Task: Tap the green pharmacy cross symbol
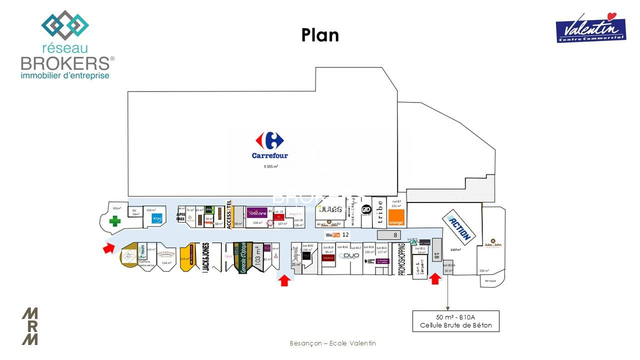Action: point(115,221)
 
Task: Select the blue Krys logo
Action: point(157,219)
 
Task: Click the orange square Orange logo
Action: point(396,218)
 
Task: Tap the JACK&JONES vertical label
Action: point(205,257)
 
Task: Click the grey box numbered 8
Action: point(395,235)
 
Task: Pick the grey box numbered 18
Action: point(436,255)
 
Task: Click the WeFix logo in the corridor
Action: point(332,234)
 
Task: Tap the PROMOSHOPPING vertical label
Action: point(401,259)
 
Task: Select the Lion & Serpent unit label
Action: point(420,268)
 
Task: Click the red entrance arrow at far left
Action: point(108,247)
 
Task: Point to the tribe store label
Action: point(379,210)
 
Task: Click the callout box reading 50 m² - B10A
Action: point(455,321)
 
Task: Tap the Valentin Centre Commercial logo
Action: point(590,27)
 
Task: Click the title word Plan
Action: point(320,35)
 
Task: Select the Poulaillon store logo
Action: point(165,253)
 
